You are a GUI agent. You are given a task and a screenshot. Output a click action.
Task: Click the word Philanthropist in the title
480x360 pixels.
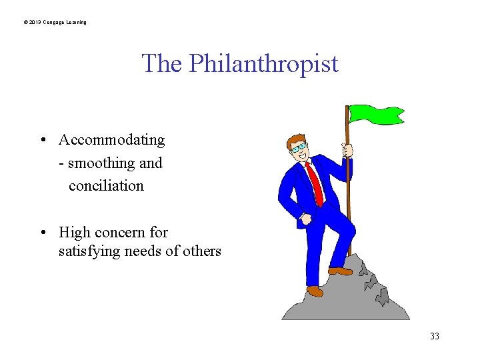point(263,64)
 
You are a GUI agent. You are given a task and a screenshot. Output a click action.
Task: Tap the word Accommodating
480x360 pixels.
point(111,140)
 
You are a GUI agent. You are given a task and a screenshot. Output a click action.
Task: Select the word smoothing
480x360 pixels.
point(101,163)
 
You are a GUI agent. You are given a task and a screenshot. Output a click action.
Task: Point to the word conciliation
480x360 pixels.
point(106,185)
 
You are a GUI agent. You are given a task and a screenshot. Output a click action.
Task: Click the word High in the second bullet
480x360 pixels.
point(74,232)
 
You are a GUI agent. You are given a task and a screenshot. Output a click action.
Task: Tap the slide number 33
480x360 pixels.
point(434,336)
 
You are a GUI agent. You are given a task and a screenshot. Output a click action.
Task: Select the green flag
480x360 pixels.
point(376,114)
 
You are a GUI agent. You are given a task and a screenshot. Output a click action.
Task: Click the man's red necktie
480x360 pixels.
point(315,184)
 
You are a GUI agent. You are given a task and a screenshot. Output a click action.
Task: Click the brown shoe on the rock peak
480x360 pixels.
point(340,271)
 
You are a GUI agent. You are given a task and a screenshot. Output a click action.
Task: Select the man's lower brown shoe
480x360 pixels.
point(315,291)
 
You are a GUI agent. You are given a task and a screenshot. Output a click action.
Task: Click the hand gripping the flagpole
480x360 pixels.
point(347,151)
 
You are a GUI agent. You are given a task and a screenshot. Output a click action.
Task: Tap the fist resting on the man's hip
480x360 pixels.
point(306,218)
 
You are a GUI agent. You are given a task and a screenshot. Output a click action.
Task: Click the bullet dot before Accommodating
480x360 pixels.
point(42,140)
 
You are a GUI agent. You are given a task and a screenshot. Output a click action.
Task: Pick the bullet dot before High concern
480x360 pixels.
point(42,233)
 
